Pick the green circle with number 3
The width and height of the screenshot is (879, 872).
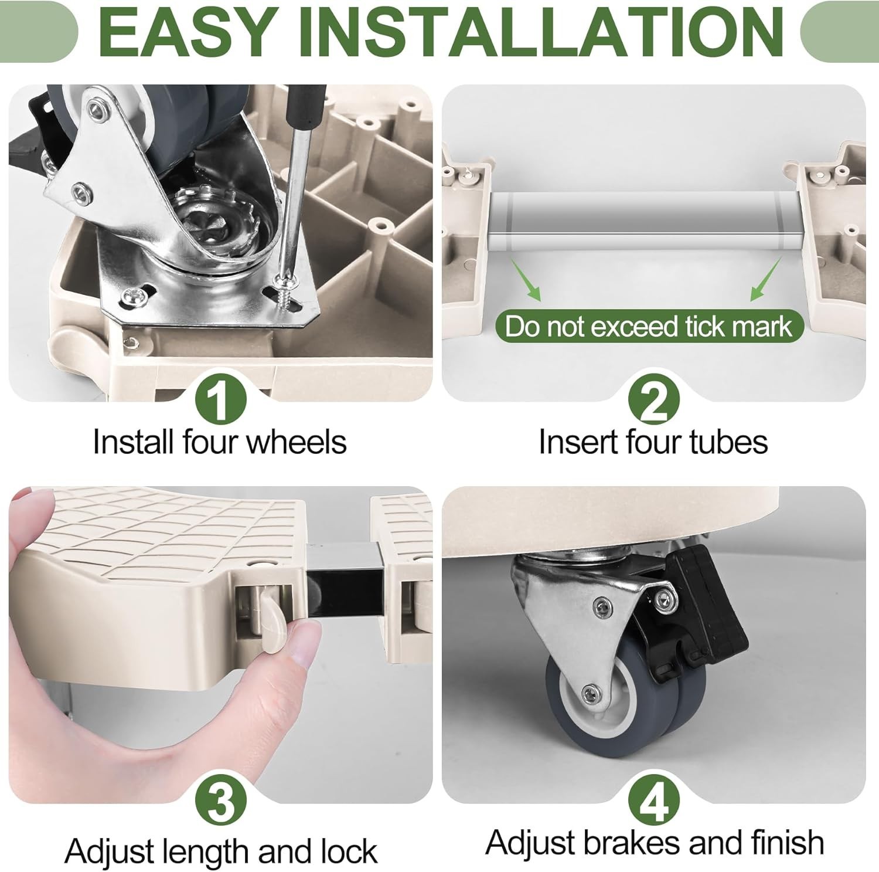point(220,801)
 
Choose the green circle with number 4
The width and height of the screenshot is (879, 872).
point(653,801)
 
